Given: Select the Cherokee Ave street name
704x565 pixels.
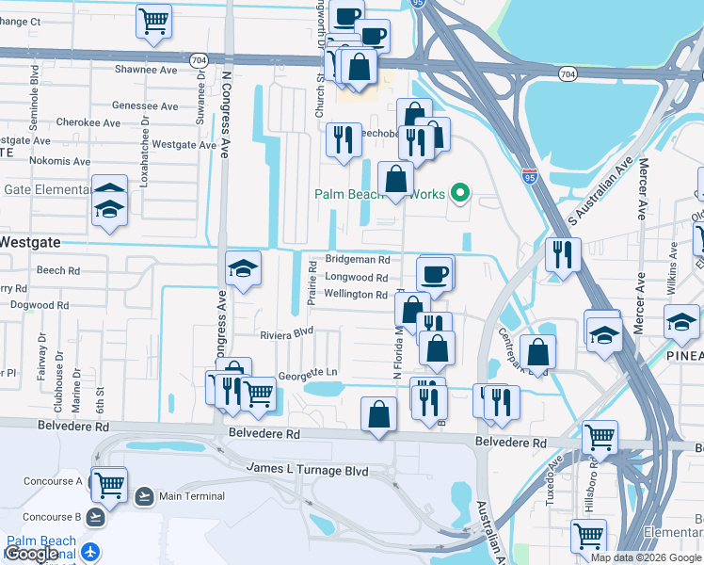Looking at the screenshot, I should tap(88, 123).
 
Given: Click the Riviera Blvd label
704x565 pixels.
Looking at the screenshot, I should tap(286, 333).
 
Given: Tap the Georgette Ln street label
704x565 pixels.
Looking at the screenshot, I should tap(307, 374).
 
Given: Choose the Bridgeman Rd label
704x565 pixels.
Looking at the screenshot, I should tap(357, 259).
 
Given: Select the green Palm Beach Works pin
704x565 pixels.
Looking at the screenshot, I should tap(459, 195).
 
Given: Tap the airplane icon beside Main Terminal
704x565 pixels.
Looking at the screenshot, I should tap(145, 496).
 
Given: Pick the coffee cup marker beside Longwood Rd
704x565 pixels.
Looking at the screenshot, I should tap(434, 274).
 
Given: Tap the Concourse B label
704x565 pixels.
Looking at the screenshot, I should tap(53, 517).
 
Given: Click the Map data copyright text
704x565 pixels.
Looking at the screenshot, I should tap(645, 557).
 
